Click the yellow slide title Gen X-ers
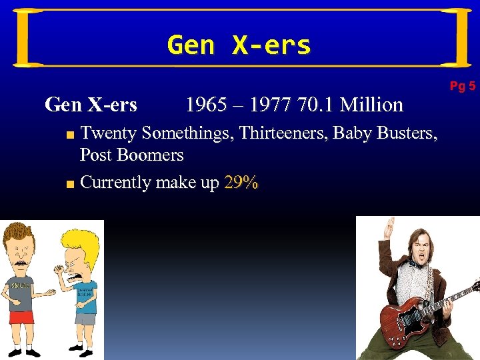pyautogui.click(x=239, y=45)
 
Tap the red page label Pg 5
pyautogui.click(x=462, y=86)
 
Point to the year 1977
pyautogui.click(x=269, y=105)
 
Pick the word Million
pyautogui.click(x=371, y=105)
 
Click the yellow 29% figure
pyautogui.click(x=241, y=183)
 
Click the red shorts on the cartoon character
pyautogui.click(x=21, y=317)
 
